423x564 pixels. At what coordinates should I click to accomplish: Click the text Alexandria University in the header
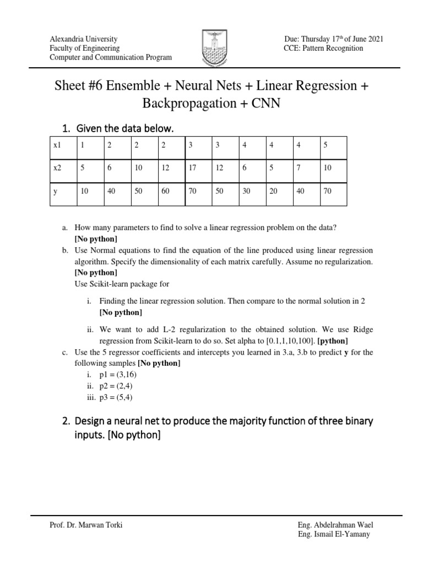[83, 39]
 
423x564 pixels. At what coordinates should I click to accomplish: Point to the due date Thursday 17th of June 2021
[334, 39]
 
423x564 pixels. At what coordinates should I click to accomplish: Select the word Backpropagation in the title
[182, 104]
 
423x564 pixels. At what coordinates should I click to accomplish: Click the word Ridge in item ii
[361, 329]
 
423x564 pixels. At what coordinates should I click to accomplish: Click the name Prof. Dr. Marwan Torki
[86, 525]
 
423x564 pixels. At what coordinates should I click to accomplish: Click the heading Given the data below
[124, 128]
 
